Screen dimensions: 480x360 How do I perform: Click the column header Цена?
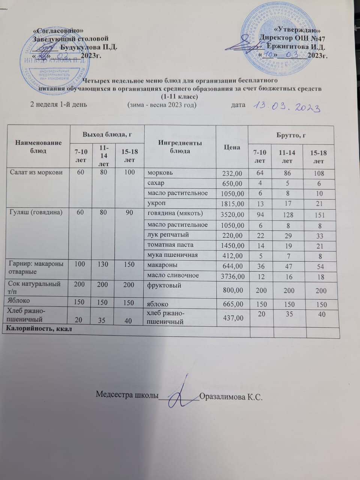tap(232, 147)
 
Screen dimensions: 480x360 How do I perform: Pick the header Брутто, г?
tap(291, 135)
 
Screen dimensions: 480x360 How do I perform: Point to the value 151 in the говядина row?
tap(319, 215)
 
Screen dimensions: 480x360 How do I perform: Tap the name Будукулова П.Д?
tap(88, 47)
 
